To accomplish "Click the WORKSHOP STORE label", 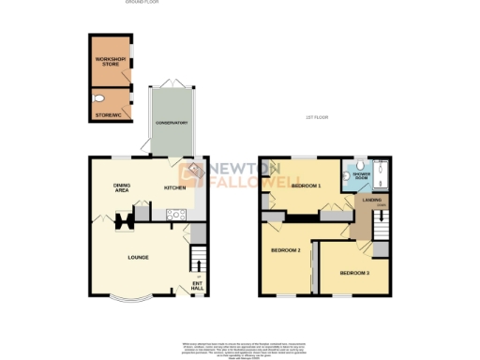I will coord(110,62).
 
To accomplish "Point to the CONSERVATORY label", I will coord(172,124).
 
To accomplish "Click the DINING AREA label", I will coord(122,187).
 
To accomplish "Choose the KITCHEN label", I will coord(175,187).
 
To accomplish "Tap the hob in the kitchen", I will coord(173,215).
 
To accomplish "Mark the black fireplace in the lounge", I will coord(121,222).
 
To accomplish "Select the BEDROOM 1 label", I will coord(306,186).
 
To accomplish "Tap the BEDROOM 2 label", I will coord(285,250).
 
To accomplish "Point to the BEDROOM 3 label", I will coord(354,272).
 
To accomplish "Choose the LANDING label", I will coord(377,200).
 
